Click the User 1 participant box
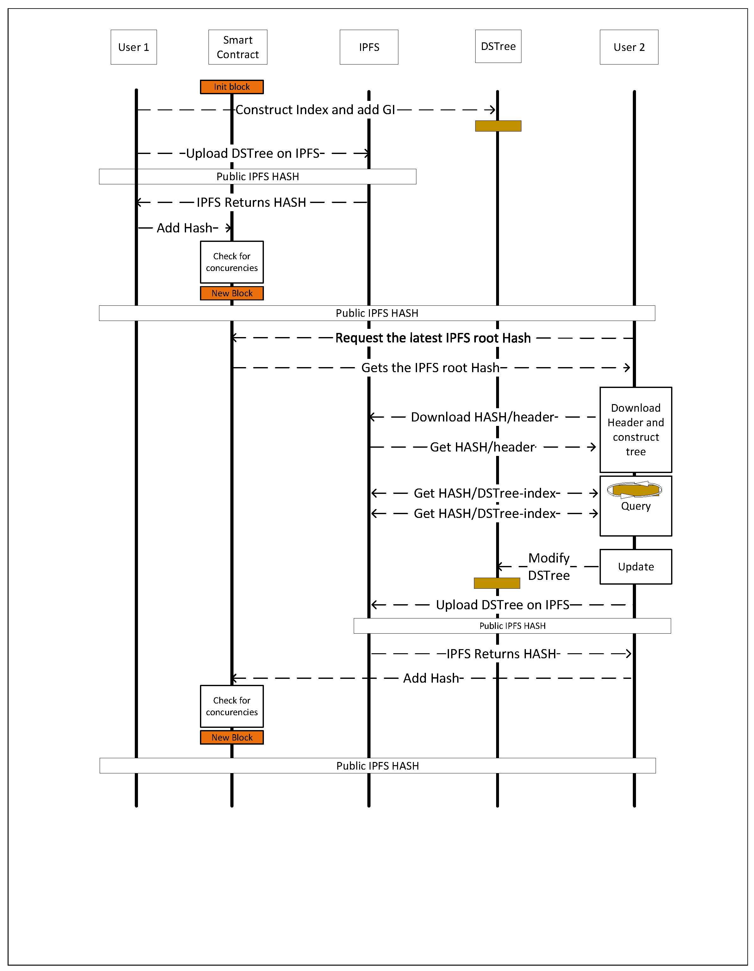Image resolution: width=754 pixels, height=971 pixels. click(x=134, y=47)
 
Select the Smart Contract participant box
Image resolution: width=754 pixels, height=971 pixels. click(x=238, y=47)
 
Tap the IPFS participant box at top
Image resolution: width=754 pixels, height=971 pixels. click(x=369, y=47)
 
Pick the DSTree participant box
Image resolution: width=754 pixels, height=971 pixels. click(x=498, y=46)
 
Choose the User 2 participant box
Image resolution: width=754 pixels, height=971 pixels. click(x=629, y=47)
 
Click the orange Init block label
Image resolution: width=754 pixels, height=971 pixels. click(x=231, y=87)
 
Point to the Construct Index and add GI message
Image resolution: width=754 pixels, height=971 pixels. click(x=315, y=110)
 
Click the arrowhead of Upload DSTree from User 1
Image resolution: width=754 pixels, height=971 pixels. click(x=366, y=153)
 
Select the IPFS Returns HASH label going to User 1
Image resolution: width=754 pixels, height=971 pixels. click(x=251, y=203)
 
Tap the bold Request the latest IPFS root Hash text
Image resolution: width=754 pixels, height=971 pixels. click(x=433, y=338)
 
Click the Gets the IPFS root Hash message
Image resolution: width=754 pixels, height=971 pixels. click(x=430, y=368)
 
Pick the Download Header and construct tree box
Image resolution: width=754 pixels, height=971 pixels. click(x=635, y=429)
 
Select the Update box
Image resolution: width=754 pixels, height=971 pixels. click(x=635, y=567)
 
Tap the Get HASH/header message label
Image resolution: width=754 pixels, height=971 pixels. click(x=482, y=447)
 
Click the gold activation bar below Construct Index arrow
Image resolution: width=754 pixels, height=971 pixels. click(x=498, y=126)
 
